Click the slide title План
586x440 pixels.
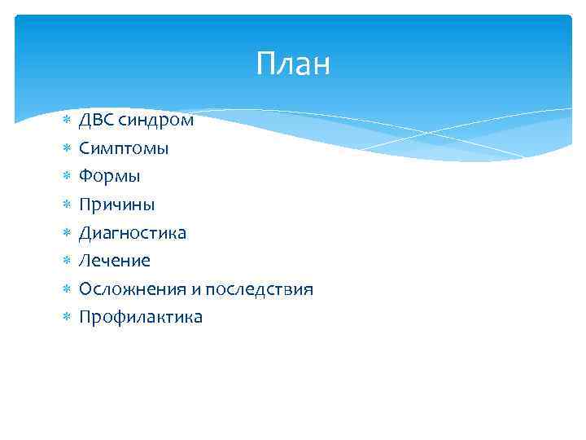(293, 64)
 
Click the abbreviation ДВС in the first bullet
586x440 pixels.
(96, 121)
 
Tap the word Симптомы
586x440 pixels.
(124, 148)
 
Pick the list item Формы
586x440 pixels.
(109, 176)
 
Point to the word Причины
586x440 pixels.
(116, 205)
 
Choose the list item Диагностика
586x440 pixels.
(132, 233)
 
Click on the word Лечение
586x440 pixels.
(114, 261)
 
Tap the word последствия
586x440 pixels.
(259, 289)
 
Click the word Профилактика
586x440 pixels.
(140, 317)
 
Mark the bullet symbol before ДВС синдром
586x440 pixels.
(67, 121)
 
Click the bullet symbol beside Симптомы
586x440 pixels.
(67, 149)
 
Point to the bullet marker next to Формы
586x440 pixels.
(67, 177)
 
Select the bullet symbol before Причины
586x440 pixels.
(67, 205)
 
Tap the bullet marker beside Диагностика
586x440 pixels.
(67, 234)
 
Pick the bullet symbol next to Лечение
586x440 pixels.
(67, 262)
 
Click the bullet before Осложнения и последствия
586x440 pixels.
(67, 290)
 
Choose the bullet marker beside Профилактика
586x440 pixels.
(67, 318)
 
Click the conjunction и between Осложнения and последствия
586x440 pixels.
(196, 290)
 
